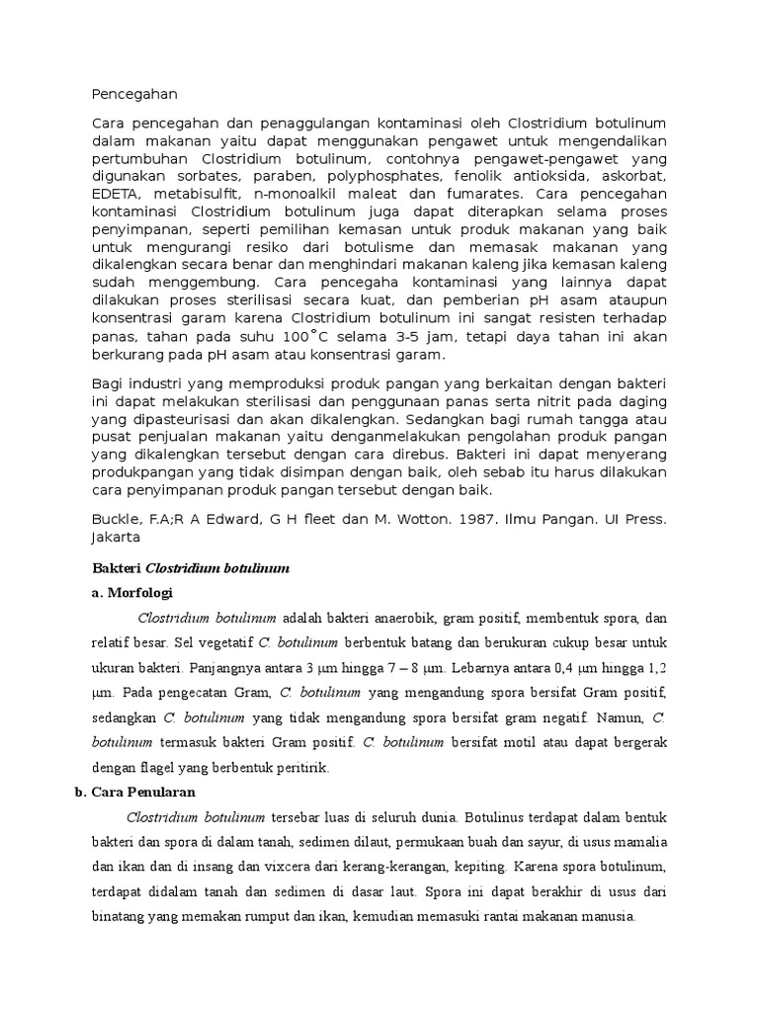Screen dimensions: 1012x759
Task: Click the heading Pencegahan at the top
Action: point(133,95)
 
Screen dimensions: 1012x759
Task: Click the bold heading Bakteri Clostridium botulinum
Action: point(190,570)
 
